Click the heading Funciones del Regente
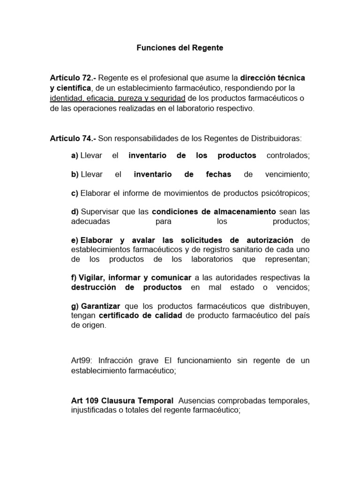click(180, 48)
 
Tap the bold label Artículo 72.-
click(73, 77)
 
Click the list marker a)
click(75, 156)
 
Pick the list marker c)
click(75, 193)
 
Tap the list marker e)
click(75, 240)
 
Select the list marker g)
click(75, 306)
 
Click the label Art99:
click(81, 360)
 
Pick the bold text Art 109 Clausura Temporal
click(120, 401)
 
